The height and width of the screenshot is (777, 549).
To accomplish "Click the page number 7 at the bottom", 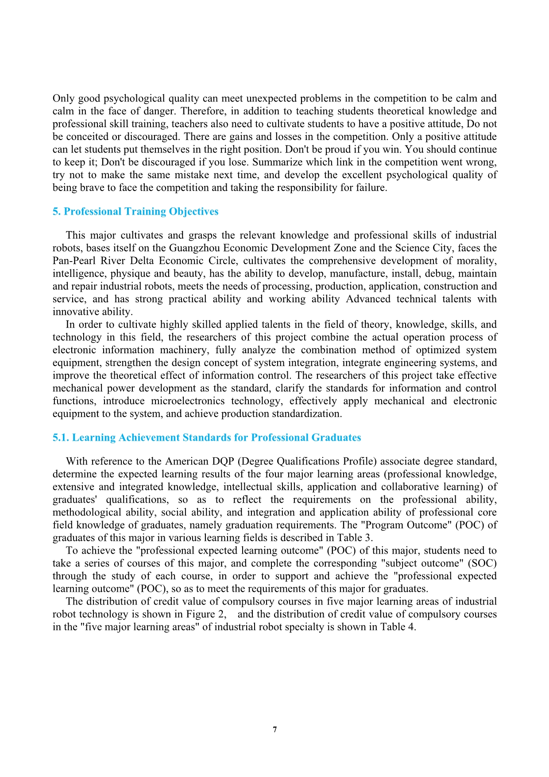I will click(x=275, y=730).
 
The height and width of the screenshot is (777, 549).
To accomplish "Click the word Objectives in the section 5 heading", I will click(x=193, y=211).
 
